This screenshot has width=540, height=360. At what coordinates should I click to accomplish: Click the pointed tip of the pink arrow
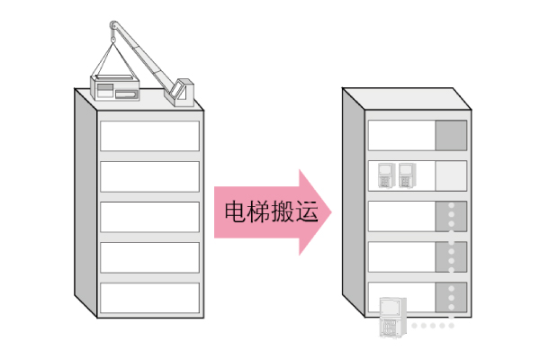point(330,212)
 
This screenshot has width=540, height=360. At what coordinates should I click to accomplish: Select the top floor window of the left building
point(149,135)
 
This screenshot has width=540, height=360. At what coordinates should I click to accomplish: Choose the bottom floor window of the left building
point(149,298)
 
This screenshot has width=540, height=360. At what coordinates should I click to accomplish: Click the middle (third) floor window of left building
point(149,216)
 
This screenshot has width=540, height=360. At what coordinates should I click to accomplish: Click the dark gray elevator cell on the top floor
point(451,135)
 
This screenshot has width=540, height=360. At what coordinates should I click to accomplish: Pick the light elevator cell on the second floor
point(451,175)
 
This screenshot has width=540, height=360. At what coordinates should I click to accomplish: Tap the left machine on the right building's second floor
point(387,175)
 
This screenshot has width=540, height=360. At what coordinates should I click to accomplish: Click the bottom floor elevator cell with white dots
point(451,297)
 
